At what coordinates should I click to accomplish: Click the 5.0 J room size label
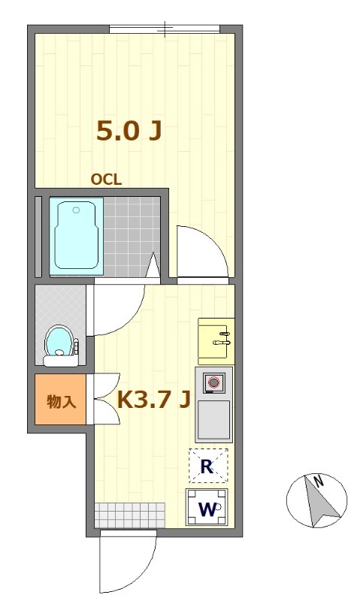tap(129, 131)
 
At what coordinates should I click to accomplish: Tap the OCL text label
tap(106, 180)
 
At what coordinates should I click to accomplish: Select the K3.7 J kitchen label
tap(154, 400)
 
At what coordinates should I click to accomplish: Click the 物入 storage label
tap(62, 401)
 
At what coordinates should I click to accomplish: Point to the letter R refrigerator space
tap(207, 467)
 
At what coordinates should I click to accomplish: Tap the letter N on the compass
tap(318, 481)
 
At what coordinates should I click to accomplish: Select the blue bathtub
tap(77, 237)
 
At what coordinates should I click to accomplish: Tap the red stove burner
tap(213, 382)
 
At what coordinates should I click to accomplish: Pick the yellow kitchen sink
tap(216, 341)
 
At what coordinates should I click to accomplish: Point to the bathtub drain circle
tap(77, 210)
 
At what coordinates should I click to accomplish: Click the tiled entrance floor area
tap(129, 515)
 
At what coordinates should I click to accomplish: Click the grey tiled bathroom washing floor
tap(132, 237)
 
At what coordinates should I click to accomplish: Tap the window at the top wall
tap(165, 29)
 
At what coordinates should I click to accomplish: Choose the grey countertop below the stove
tap(213, 420)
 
